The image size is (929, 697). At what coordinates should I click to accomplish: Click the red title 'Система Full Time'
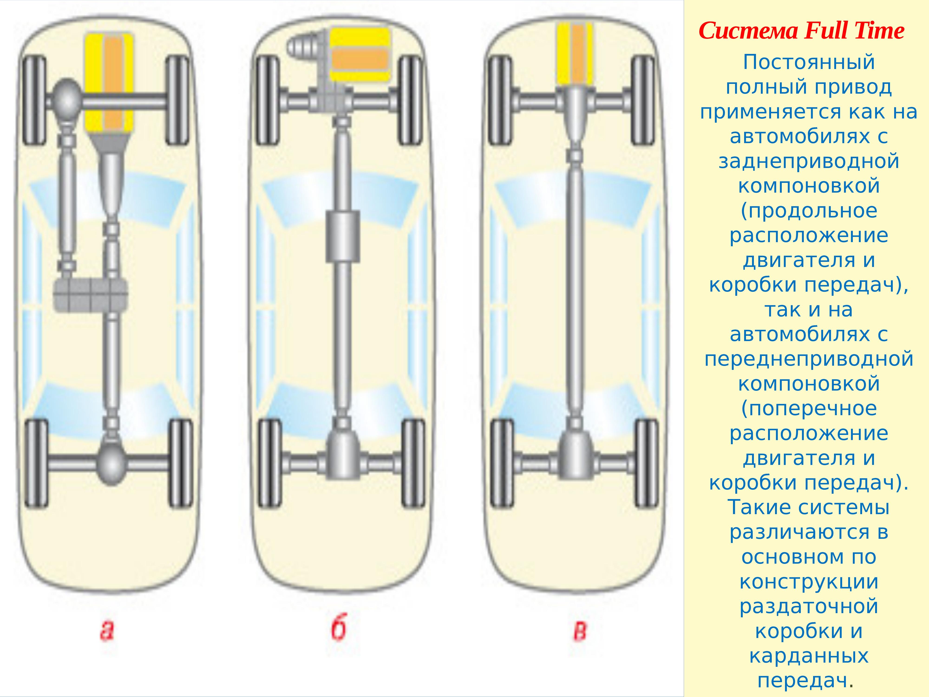click(801, 31)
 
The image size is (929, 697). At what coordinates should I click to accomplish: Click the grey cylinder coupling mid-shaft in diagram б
click(343, 237)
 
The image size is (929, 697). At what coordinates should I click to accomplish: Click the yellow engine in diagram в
click(575, 53)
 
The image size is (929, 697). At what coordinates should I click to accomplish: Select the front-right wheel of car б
click(410, 101)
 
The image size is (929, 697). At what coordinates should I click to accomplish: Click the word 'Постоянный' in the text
click(809, 62)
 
